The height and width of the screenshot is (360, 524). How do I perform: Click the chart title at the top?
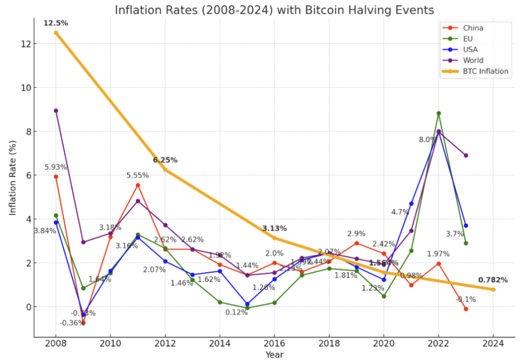click(x=274, y=10)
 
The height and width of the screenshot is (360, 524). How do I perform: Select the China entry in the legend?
click(x=473, y=28)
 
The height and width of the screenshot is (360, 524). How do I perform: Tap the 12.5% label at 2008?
click(x=56, y=23)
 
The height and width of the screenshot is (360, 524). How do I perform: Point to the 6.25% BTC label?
click(x=165, y=160)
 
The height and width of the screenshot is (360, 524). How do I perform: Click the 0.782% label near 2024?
click(x=493, y=280)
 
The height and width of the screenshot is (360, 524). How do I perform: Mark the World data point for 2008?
click(x=56, y=110)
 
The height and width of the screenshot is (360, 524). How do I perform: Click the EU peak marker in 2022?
click(x=438, y=113)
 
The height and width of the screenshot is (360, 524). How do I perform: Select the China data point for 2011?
click(x=138, y=185)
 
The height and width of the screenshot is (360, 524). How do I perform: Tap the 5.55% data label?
click(x=137, y=176)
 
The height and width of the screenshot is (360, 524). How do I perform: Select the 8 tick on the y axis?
click(x=25, y=131)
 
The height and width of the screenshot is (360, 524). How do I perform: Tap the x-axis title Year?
click(x=274, y=355)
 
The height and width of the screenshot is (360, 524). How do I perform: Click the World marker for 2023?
click(x=466, y=155)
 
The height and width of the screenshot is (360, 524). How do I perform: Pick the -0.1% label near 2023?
click(x=465, y=300)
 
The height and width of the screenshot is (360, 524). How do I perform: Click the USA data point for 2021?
click(x=411, y=203)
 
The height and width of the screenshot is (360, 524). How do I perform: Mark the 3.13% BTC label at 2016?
click(x=274, y=229)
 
